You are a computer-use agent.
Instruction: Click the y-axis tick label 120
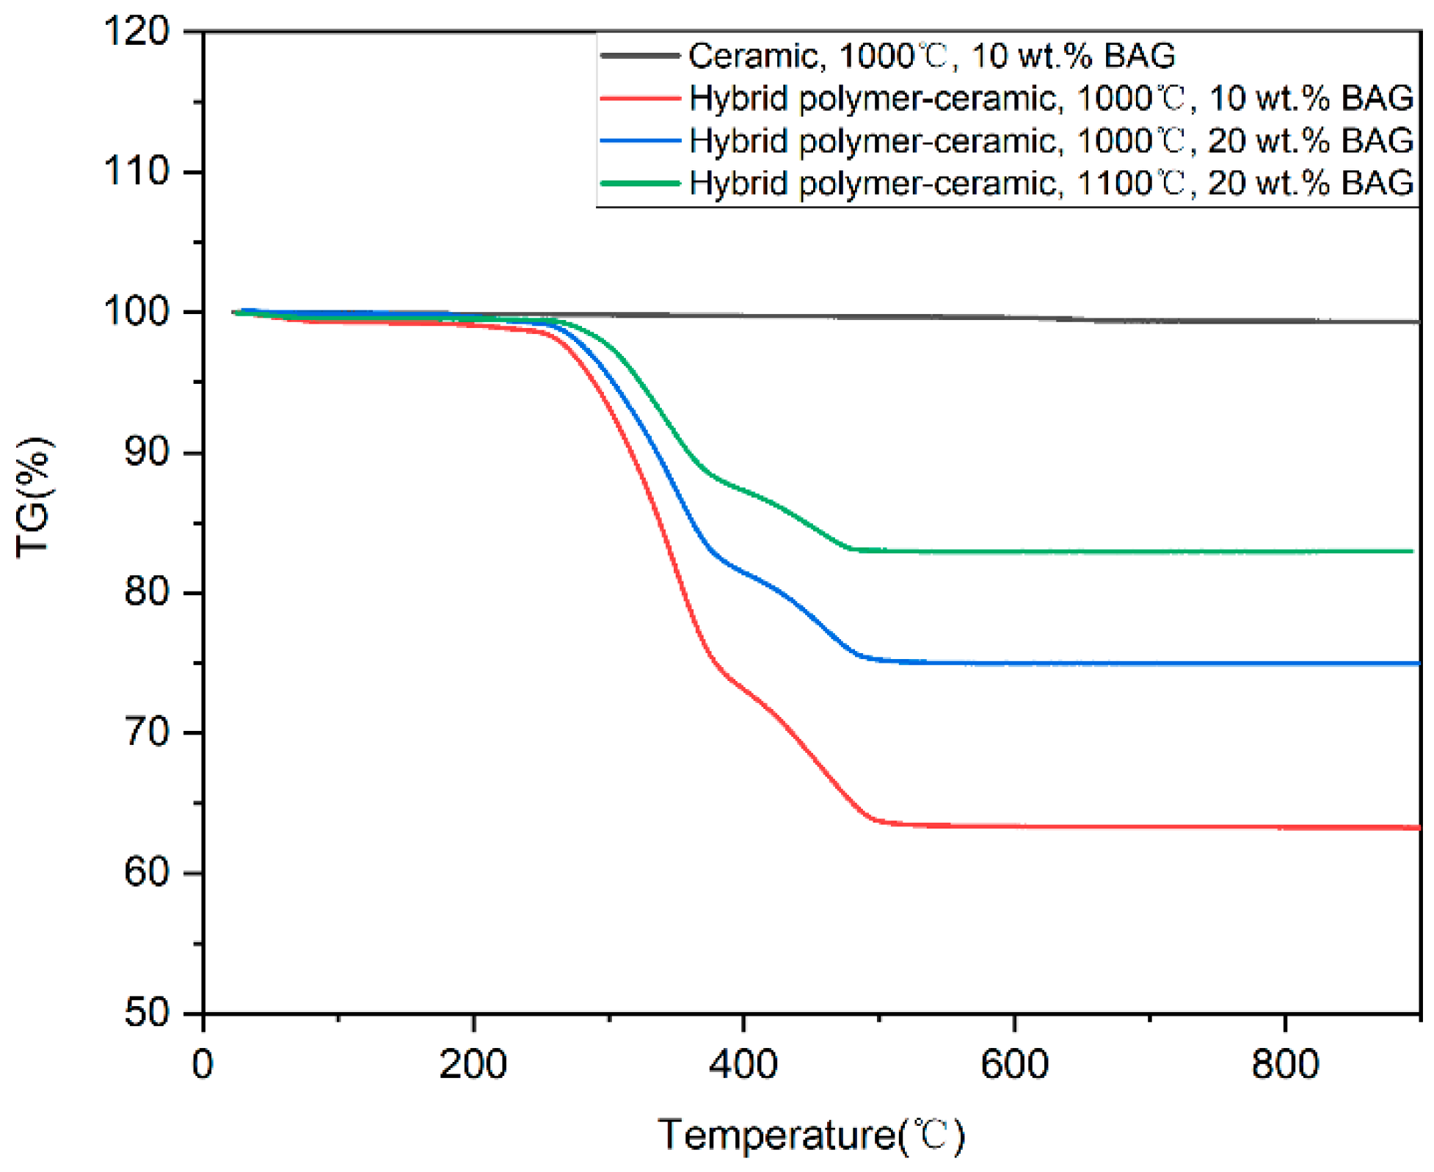point(137,32)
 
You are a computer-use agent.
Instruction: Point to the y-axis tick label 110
point(137,172)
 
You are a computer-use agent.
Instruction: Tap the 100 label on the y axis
point(137,312)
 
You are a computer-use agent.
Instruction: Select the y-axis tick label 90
point(147,452)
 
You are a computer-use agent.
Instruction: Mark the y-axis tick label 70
point(147,732)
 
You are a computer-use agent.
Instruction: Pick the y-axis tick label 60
point(147,873)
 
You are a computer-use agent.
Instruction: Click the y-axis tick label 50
point(147,1013)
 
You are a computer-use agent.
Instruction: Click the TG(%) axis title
point(33,497)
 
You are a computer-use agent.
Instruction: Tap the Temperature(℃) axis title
point(811,1135)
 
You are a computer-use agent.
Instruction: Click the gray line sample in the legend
point(639,56)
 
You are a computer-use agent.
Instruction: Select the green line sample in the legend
point(639,183)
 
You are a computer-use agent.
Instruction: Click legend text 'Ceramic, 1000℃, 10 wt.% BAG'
point(931,56)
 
